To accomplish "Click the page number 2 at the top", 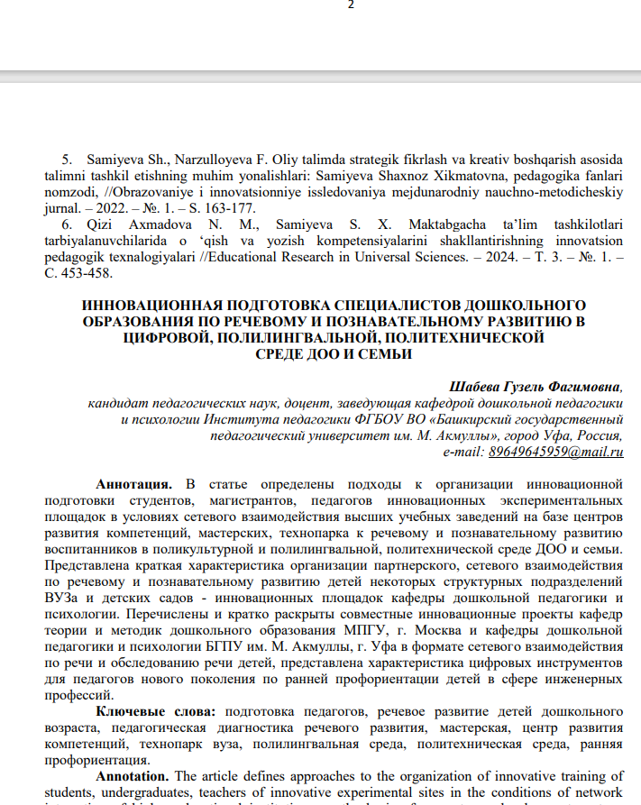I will pyautogui.click(x=351, y=5).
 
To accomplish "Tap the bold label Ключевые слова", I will pyautogui.click(x=155, y=712).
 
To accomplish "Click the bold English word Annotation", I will pyautogui.click(x=132, y=776).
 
